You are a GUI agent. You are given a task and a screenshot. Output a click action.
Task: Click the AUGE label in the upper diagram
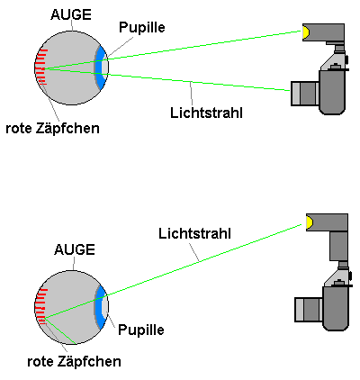(71, 14)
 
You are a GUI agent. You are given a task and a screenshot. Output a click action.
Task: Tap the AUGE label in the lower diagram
(75, 249)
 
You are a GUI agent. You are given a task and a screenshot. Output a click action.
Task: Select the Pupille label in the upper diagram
(142, 27)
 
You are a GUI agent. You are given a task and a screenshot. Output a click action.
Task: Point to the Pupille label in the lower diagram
(141, 330)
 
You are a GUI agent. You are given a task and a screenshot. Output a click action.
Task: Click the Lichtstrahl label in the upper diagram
(206, 113)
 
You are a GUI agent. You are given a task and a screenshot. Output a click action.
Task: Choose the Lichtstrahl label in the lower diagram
(194, 233)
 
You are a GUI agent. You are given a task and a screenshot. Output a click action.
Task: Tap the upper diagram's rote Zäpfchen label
(52, 128)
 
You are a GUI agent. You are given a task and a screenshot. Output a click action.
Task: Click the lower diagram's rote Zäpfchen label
(74, 361)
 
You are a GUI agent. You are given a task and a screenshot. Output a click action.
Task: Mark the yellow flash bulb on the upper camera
(306, 32)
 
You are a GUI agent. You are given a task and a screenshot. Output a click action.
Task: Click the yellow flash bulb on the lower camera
(310, 222)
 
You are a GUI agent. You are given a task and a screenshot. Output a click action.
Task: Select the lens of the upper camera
(305, 94)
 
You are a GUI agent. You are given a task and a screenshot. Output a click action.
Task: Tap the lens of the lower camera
(309, 310)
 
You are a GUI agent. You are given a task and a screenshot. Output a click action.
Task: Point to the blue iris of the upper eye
(100, 68)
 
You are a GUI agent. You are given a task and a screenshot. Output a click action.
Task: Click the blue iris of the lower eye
(100, 307)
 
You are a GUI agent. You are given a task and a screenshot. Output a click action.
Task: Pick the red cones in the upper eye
(41, 67)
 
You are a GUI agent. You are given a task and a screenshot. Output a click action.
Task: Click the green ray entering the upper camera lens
(166, 79)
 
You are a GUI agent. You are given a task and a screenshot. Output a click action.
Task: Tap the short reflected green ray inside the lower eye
(60, 330)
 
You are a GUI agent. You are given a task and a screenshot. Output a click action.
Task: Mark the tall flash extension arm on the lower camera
(338, 246)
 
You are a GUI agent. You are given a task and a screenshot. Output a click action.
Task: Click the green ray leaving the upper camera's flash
(173, 50)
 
